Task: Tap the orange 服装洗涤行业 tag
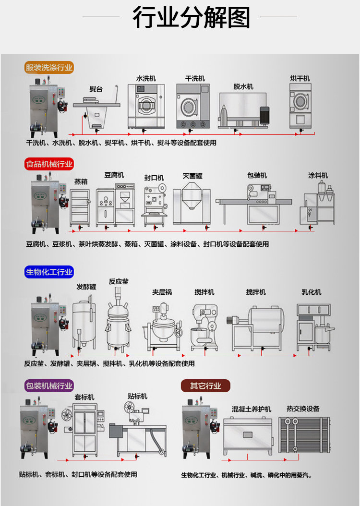click(x=49, y=68)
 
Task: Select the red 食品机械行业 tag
click(x=49, y=164)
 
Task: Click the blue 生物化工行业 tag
click(x=49, y=272)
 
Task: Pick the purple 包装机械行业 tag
click(x=49, y=386)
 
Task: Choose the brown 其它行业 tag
click(x=205, y=386)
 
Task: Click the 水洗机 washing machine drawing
click(x=146, y=106)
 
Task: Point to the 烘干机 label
click(x=300, y=78)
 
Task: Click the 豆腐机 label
click(x=114, y=175)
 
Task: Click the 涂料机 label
click(x=318, y=175)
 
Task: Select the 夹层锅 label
click(x=162, y=292)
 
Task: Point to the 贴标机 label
click(x=137, y=397)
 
